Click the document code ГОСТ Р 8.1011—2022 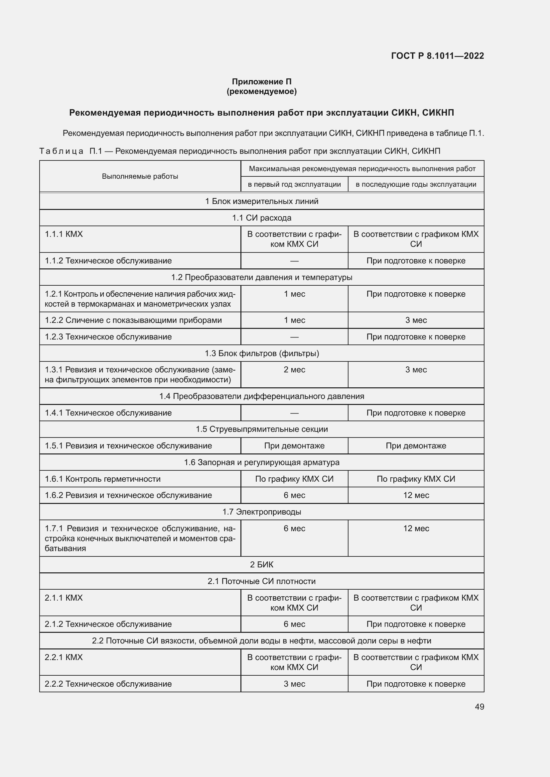tap(437, 56)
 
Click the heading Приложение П tap(261, 82)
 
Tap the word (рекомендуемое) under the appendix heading tap(261, 91)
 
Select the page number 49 tap(479, 707)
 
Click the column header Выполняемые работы tap(140, 176)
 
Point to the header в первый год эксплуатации tap(294, 184)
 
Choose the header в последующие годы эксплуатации tap(416, 184)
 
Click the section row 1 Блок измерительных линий tap(261, 201)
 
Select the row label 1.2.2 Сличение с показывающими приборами tap(133, 320)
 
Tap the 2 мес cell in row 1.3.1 tap(294, 369)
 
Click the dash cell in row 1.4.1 tap(294, 413)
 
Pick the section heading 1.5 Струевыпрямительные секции tap(261, 429)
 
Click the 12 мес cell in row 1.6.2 tap(416, 495)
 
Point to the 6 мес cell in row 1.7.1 tap(294, 528)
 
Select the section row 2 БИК tap(261, 564)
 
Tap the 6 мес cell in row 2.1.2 tap(294, 624)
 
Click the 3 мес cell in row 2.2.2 tap(294, 684)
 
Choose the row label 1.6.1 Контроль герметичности tap(103, 479)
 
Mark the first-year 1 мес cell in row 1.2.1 tap(294, 294)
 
